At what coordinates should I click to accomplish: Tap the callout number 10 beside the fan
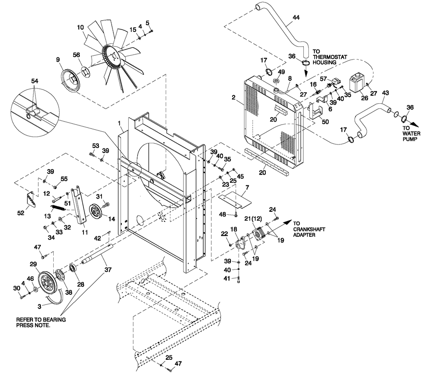point(81,28)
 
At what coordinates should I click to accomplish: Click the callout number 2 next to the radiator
point(234,97)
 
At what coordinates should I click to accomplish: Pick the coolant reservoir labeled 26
point(356,83)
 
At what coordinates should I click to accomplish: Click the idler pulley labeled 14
point(98,212)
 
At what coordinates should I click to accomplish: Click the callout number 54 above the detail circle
point(35,81)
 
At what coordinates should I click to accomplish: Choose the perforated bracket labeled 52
point(30,199)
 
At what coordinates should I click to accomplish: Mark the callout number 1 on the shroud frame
point(121,122)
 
